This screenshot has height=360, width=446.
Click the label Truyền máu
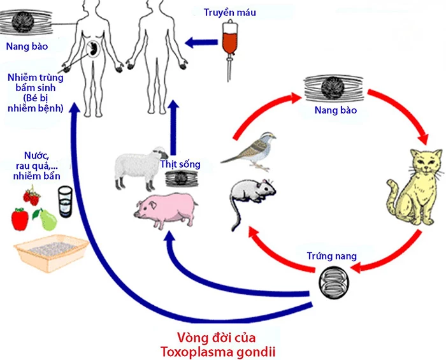tap(229, 12)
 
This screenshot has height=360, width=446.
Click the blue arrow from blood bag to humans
tap(201, 43)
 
